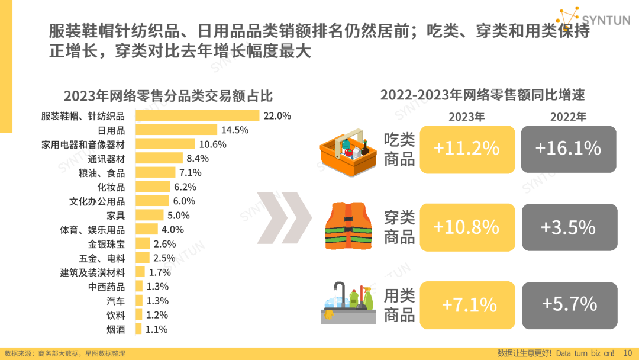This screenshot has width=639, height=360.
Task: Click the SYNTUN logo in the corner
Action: (x=594, y=19)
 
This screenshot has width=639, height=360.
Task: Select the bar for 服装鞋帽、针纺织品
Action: (x=198, y=115)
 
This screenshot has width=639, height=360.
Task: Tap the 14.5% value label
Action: (x=235, y=130)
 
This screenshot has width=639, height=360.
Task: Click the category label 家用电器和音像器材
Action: (x=83, y=144)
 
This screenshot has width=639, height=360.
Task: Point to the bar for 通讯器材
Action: (x=159, y=158)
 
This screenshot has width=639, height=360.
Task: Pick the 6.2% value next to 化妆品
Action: (x=185, y=187)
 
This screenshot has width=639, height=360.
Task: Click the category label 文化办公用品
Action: (x=97, y=201)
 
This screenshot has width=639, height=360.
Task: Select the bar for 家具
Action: (x=150, y=215)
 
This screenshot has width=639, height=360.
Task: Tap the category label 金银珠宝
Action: (x=106, y=243)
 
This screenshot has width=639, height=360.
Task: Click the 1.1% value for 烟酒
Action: (x=156, y=329)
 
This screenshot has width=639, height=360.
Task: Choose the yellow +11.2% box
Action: (x=467, y=149)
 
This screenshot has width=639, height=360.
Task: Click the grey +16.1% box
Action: (x=569, y=149)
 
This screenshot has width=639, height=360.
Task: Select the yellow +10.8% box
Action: (x=467, y=227)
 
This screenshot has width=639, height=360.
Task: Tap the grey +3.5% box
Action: (x=569, y=227)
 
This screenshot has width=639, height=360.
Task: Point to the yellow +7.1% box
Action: (x=467, y=305)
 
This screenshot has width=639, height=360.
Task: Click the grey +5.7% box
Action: (x=569, y=305)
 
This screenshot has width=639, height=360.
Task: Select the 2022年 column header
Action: (x=568, y=117)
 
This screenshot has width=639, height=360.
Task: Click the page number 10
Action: (x=628, y=353)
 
